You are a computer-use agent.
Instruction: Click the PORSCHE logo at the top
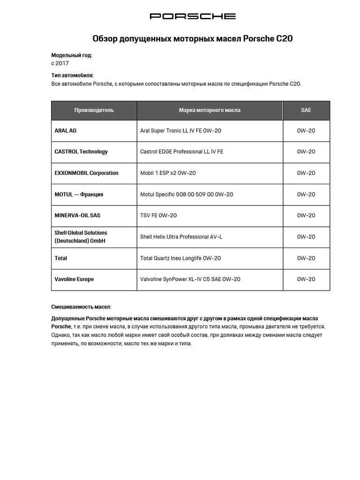point(193,16)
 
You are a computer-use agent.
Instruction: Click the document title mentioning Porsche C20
point(193,38)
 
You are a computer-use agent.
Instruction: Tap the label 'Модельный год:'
point(72,55)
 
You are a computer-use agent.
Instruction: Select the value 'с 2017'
point(60,63)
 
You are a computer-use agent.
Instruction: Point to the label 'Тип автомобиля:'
point(72,75)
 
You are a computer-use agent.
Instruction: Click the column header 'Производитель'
point(94,111)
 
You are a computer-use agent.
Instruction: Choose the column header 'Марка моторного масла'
point(210,111)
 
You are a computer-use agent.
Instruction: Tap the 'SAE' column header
point(306,111)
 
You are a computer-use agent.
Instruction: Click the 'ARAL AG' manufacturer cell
point(66,131)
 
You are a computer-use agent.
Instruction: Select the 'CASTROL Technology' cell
point(81,152)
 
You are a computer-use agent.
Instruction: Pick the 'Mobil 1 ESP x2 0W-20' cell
point(168,173)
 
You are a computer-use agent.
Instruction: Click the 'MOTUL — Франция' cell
point(79,195)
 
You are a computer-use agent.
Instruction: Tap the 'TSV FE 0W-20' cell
point(158,216)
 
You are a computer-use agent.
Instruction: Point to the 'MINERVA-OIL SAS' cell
point(77,216)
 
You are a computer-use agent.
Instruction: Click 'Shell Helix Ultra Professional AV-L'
point(181,237)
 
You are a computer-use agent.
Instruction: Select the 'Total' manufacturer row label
point(61,258)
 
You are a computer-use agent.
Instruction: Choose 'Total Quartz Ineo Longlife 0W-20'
point(180,258)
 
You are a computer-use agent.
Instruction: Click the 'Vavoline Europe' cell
point(74,279)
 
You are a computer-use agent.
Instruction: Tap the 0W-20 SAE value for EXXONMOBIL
point(306,173)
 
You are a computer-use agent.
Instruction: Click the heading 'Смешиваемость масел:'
point(81,307)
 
